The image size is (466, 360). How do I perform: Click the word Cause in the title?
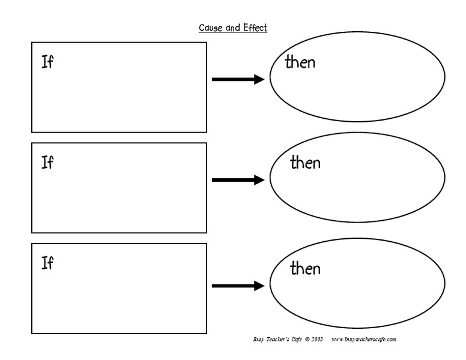[211, 28]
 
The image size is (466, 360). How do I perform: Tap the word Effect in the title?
[255, 28]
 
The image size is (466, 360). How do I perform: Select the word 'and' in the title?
[233, 28]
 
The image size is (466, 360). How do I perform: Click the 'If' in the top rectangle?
[47, 62]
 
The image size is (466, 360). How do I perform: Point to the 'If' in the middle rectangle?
[47, 163]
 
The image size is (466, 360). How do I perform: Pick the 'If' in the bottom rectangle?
[47, 263]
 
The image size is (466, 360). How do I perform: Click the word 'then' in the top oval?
[300, 62]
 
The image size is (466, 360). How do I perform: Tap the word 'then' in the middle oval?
[305, 162]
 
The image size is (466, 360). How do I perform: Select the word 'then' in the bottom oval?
[305, 268]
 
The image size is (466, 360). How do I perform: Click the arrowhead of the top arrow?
[259, 79]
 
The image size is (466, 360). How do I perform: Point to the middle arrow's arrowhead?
[259, 180]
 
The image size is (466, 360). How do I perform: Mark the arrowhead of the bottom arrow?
[259, 286]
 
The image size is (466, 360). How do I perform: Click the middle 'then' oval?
[357, 180]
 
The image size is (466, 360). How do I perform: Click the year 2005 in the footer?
[317, 340]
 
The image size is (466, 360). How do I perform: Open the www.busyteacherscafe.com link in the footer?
[364, 340]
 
